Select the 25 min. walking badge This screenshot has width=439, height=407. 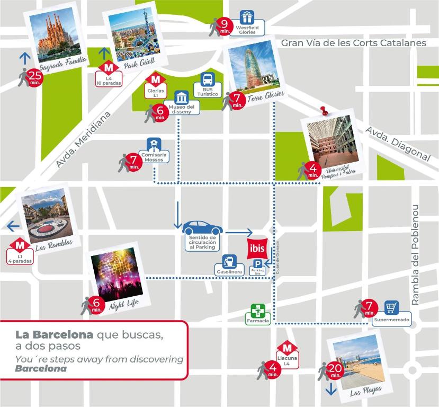coord(33,77)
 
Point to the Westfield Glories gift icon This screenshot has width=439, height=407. coord(246,17)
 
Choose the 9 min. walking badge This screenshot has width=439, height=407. coord(225,25)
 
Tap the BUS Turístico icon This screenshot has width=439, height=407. coord(208,80)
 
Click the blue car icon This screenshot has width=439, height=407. coord(202,228)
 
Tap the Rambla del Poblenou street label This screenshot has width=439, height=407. coord(416,254)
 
